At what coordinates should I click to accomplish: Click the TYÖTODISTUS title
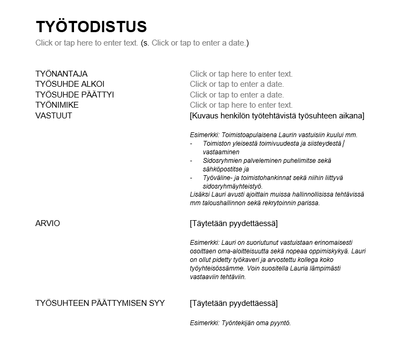coord(91,27)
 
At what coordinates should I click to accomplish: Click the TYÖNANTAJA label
coord(61,74)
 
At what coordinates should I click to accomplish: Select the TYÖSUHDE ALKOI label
coord(70,84)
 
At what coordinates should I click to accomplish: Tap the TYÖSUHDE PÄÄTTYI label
coord(75,95)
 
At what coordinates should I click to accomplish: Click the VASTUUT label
coord(54,116)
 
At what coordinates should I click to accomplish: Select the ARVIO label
coord(48,223)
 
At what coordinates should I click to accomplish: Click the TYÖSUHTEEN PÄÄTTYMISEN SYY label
coord(100,304)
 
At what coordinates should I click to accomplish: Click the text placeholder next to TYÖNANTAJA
coord(241,74)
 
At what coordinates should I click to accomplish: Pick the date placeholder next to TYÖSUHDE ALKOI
coord(237,84)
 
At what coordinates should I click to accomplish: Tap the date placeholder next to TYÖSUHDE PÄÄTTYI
coord(237,95)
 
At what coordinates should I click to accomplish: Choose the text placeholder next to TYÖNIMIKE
coord(241,105)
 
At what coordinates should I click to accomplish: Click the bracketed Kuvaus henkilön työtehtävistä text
coord(277,116)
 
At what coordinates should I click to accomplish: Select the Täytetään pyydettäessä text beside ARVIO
coord(234,223)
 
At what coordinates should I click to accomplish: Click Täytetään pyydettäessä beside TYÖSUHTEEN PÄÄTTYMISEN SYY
coord(234,304)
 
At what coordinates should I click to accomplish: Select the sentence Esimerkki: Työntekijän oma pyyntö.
coord(240,323)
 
